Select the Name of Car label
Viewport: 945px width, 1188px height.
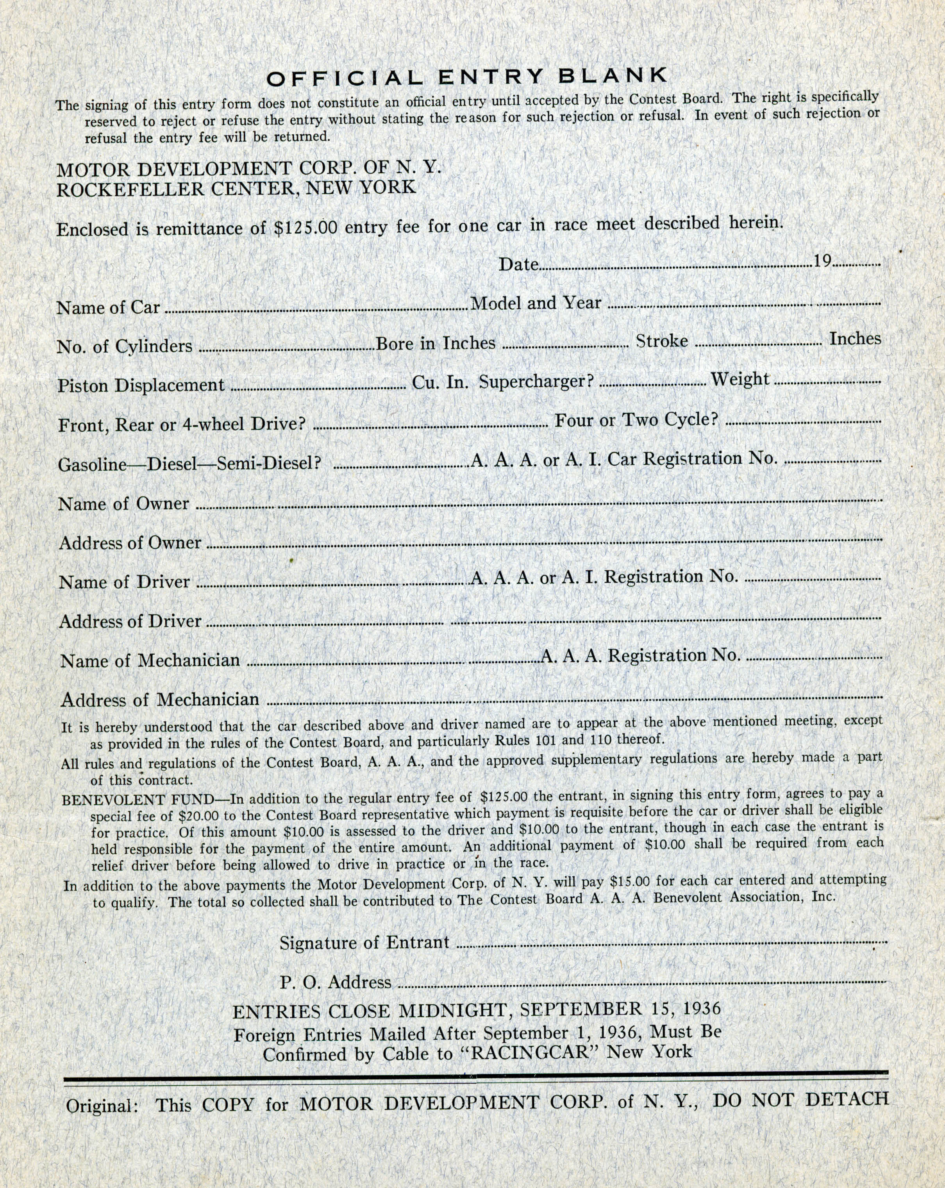108,307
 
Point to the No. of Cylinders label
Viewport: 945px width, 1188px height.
125,346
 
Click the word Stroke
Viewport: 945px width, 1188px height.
662,341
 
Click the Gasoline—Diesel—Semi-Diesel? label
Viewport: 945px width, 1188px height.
189,464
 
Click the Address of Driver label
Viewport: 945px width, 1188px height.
130,622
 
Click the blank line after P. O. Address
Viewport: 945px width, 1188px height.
640,981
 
